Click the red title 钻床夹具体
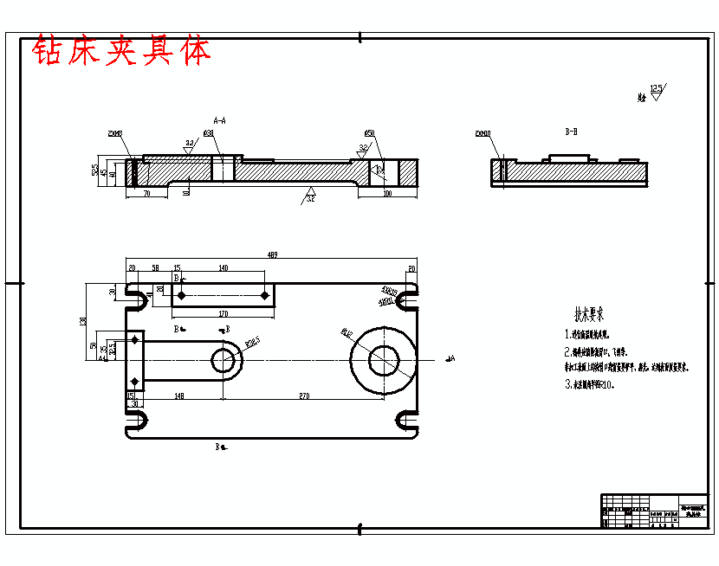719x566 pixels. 121,52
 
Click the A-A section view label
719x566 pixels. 220,120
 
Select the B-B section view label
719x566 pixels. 571,132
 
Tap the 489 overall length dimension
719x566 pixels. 271,255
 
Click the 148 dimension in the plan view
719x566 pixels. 178,396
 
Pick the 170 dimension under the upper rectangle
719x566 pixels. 223,313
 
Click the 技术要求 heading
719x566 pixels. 590,314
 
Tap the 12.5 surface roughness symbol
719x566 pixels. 656,90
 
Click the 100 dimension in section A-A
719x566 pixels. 386,194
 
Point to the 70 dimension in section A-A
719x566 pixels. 146,194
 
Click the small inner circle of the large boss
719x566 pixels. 383,359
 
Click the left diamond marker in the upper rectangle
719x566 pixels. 181,295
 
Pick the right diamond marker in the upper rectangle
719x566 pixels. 265,295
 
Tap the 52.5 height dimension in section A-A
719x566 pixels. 94,170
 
